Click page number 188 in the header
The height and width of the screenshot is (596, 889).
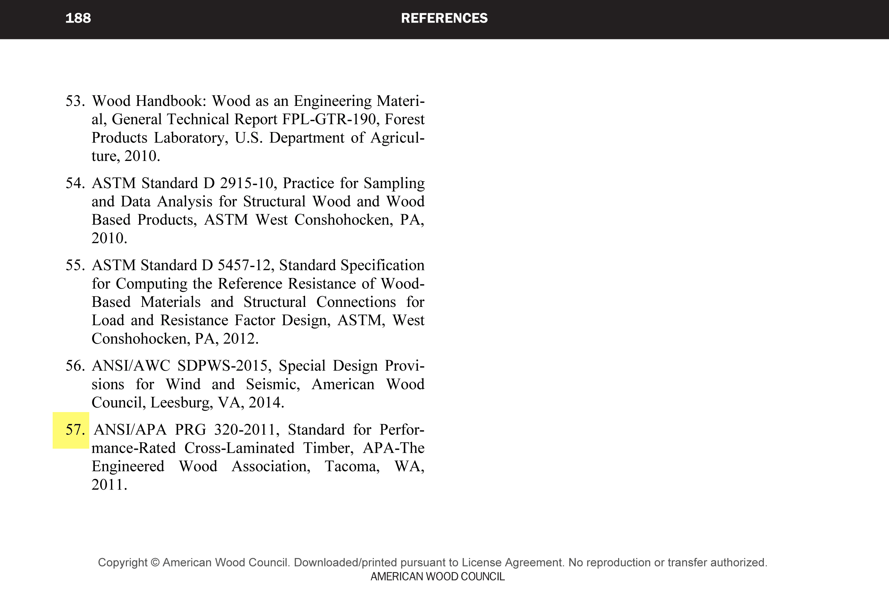pyautogui.click(x=78, y=18)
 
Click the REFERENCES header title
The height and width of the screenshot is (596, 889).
pyautogui.click(x=444, y=18)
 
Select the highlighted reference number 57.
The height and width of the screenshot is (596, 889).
pyautogui.click(x=75, y=430)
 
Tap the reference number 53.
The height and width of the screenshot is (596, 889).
pyautogui.click(x=75, y=101)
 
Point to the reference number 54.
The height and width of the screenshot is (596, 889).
pyautogui.click(x=75, y=183)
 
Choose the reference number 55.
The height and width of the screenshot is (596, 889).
pyautogui.click(x=75, y=265)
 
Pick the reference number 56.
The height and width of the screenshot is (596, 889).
pyautogui.click(x=75, y=366)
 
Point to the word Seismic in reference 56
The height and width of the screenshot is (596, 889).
pyautogui.click(x=273, y=384)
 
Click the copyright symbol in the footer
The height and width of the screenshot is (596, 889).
pyautogui.click(x=155, y=563)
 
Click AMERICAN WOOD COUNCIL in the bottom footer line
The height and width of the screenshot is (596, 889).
pyautogui.click(x=438, y=576)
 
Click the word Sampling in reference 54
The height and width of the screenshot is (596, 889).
pyautogui.click(x=394, y=183)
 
